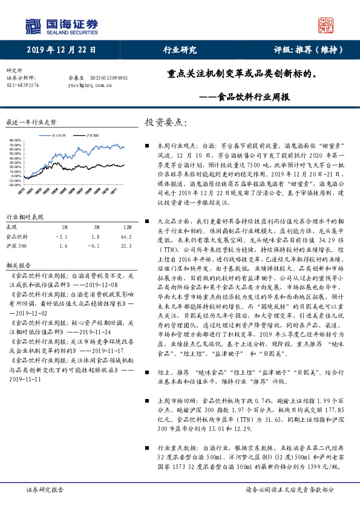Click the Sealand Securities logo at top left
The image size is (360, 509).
tap(61, 25)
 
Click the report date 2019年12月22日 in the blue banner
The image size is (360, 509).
tap(61, 50)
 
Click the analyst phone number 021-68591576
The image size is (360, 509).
tap(22, 85)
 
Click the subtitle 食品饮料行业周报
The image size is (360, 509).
tap(254, 97)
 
